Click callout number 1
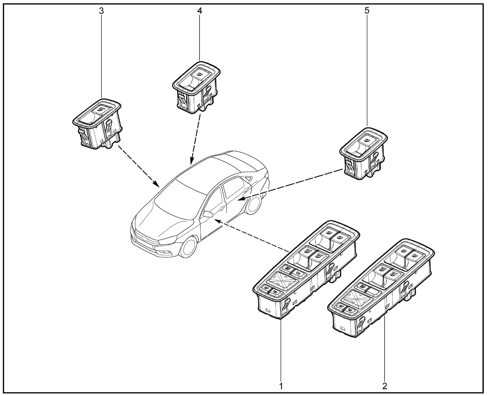tap(281, 385)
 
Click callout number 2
tap(385, 385)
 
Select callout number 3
tap(101, 11)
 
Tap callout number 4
tap(199, 11)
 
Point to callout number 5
tap(367, 11)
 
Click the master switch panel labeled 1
tap(305, 268)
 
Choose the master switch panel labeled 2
tap(382, 288)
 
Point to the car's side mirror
tap(208, 214)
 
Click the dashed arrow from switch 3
tap(138, 165)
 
